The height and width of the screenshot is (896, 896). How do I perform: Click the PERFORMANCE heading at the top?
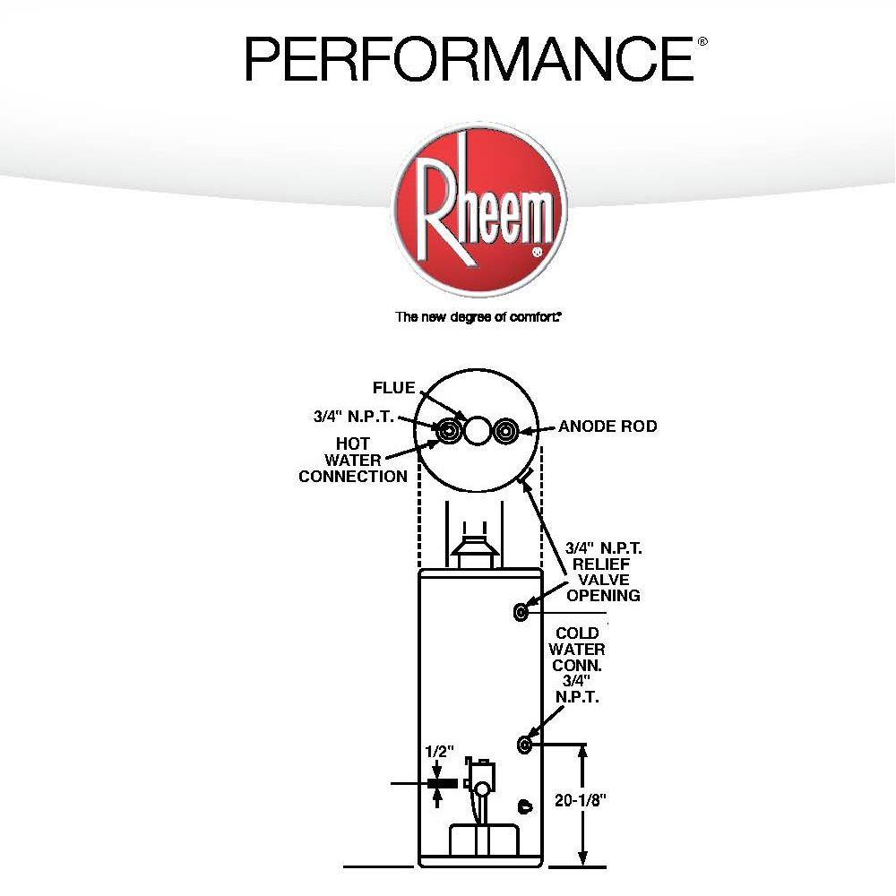pyautogui.click(x=469, y=59)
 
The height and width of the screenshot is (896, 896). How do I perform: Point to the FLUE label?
pyautogui.click(x=394, y=388)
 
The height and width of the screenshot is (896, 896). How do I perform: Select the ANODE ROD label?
pyautogui.click(x=607, y=426)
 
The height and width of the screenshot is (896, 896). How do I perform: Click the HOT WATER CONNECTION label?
pyautogui.click(x=353, y=460)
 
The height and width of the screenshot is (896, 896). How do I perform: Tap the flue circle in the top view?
pyautogui.click(x=478, y=431)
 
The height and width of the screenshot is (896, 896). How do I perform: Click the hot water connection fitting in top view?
pyautogui.click(x=449, y=431)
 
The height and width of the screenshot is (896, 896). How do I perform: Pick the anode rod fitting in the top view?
pyautogui.click(x=508, y=431)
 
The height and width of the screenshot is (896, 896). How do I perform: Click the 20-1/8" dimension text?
pyautogui.click(x=582, y=801)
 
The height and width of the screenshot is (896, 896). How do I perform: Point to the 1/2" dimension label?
pyautogui.click(x=440, y=752)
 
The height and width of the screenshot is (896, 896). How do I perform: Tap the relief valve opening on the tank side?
pyautogui.click(x=521, y=611)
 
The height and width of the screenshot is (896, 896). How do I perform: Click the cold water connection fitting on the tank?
pyautogui.click(x=524, y=744)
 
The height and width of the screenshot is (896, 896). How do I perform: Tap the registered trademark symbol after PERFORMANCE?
pyautogui.click(x=702, y=41)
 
